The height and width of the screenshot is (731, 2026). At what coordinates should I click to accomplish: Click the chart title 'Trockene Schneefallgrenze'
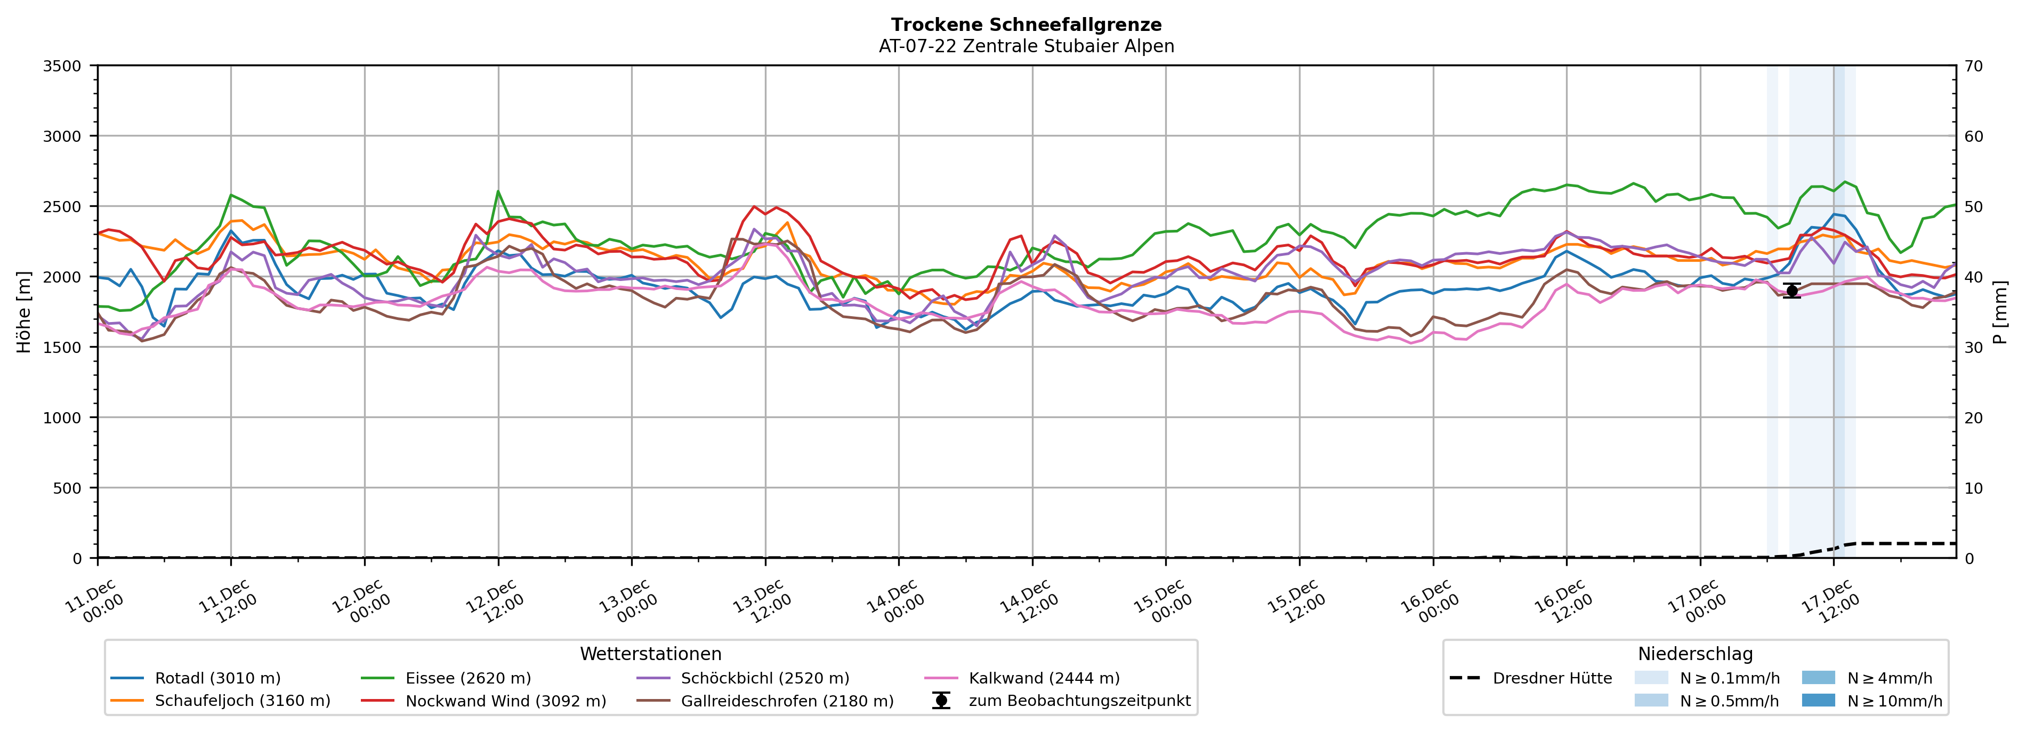(x=1027, y=25)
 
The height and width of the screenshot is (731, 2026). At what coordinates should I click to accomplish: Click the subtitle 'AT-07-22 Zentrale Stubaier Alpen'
(x=1027, y=46)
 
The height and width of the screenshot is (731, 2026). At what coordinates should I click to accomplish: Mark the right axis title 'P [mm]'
(x=2000, y=311)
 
